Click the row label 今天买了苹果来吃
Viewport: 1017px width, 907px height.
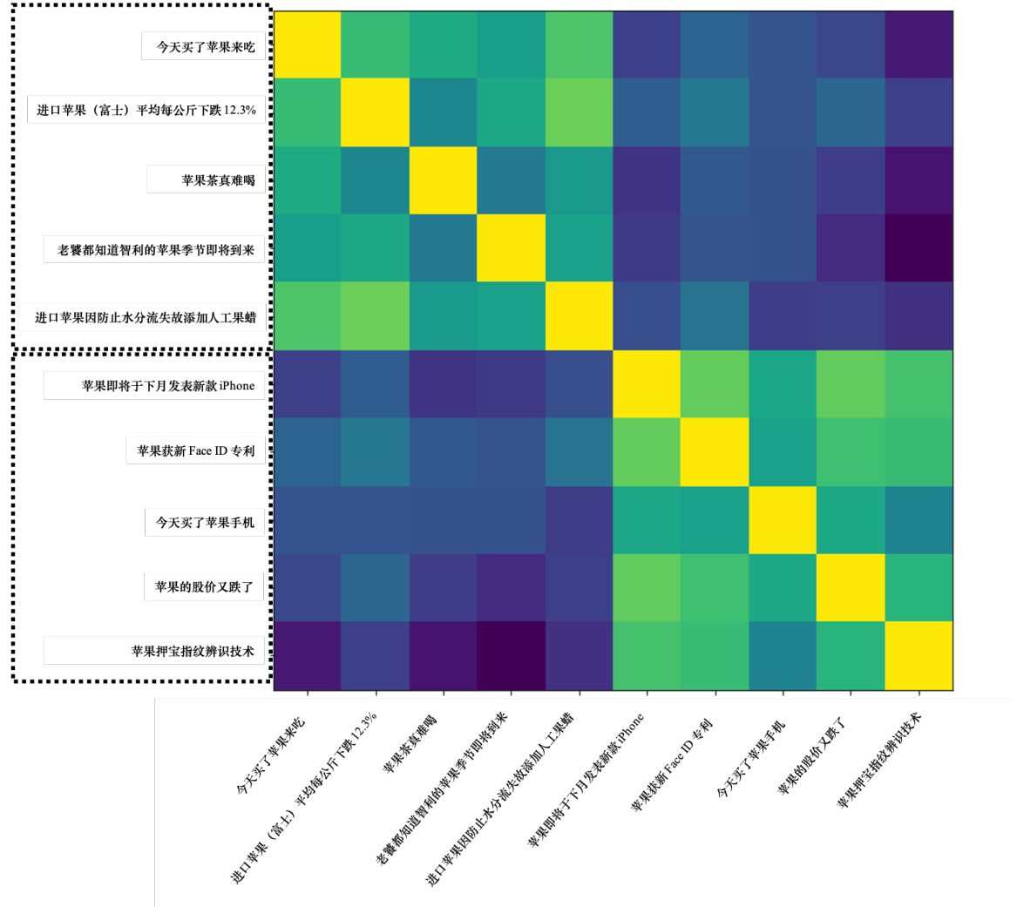click(205, 47)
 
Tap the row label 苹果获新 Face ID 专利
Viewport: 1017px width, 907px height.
click(195, 451)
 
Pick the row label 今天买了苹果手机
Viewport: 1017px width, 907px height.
click(205, 523)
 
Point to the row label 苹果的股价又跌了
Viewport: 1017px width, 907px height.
click(204, 587)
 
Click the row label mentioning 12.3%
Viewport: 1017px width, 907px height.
click(146, 111)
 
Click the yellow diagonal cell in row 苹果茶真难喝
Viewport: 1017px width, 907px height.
click(444, 180)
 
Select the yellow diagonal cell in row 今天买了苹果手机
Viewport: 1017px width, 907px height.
click(783, 520)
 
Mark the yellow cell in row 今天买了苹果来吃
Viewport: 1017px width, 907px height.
click(308, 44)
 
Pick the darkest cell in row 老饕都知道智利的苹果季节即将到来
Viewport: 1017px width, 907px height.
click(919, 248)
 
